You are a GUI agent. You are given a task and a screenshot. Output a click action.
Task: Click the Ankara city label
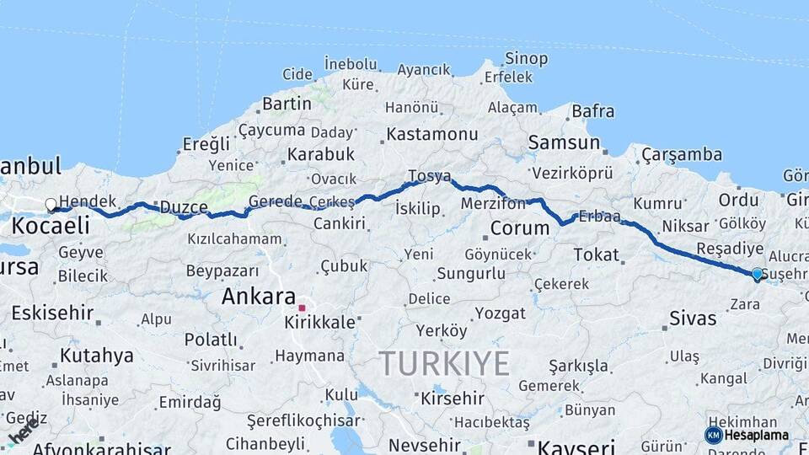pos(258,297)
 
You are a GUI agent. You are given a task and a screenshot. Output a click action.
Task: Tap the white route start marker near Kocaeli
pos(51,205)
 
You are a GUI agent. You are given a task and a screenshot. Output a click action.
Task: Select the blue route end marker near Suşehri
pos(757,274)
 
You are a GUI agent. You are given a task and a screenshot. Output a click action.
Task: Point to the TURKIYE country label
pos(444,363)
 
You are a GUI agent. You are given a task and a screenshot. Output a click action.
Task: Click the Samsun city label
pos(564,142)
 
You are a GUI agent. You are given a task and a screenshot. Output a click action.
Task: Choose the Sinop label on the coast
pos(526,58)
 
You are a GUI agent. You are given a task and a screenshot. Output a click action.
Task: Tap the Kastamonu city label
pos(432,134)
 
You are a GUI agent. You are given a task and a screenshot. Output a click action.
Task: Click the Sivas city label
pos(693,318)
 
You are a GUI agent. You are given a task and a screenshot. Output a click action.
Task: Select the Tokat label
pos(596,254)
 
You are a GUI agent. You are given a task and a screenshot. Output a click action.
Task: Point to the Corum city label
pos(519,227)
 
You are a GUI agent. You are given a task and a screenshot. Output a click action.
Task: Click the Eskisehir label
pos(52,313)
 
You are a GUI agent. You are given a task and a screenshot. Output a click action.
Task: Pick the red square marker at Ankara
pos(302,308)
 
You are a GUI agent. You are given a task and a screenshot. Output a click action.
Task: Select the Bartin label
pos(287,104)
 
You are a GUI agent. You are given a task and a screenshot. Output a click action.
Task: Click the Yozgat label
pos(500,313)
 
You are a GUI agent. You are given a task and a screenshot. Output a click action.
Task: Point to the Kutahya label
pos(96,356)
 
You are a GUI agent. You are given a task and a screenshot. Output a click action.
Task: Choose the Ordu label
pos(739,201)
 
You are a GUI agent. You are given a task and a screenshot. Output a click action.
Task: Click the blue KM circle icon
pos(713,435)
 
